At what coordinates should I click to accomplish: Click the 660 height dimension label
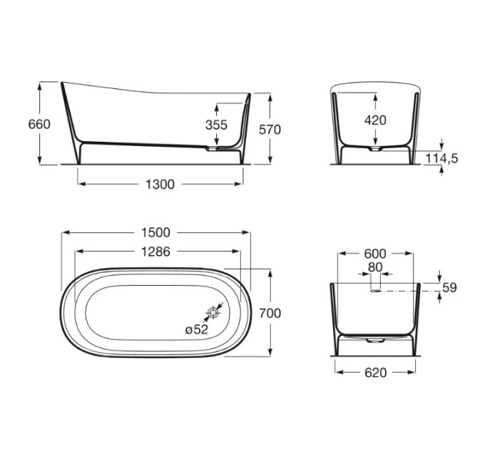pos(39,124)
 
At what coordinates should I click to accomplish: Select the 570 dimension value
pos(270,130)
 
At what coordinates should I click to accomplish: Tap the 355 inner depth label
pos(216,125)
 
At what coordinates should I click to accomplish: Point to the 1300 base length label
pos(160,185)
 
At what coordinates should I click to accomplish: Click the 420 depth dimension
pos(375,120)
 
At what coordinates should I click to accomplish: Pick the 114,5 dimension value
pos(441,158)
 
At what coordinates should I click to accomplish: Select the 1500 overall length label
pos(155,232)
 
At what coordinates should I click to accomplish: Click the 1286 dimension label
pos(155,252)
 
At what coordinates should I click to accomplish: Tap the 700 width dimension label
pos(270,314)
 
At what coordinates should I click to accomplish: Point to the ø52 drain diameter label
pos(197,330)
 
